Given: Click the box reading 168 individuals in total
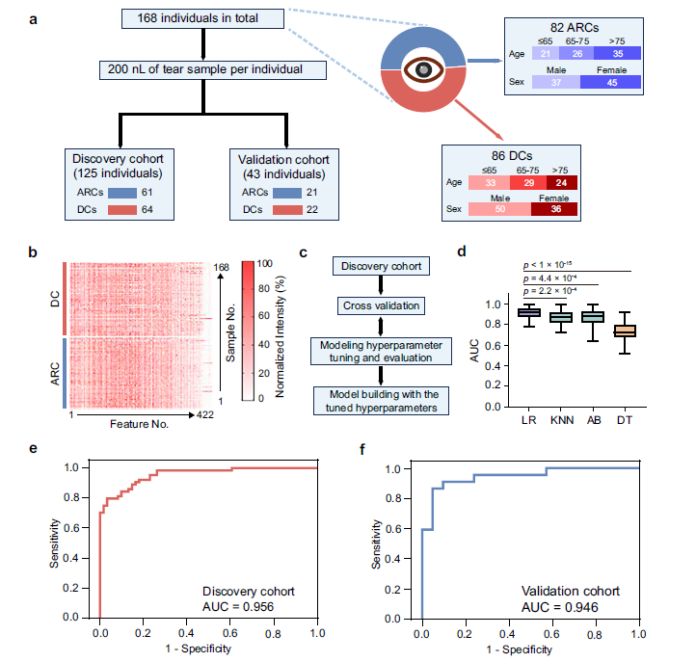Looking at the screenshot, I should tap(202, 17).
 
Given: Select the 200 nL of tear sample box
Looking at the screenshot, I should tap(202, 70).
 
